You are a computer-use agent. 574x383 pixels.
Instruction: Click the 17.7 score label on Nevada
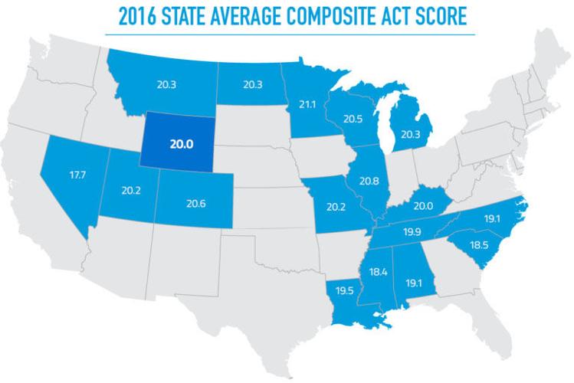(x=77, y=175)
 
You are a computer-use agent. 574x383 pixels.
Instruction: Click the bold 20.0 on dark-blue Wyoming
(x=180, y=142)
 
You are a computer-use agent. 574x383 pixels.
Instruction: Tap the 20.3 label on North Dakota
(x=252, y=85)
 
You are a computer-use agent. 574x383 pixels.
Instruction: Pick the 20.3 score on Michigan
(x=408, y=135)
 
